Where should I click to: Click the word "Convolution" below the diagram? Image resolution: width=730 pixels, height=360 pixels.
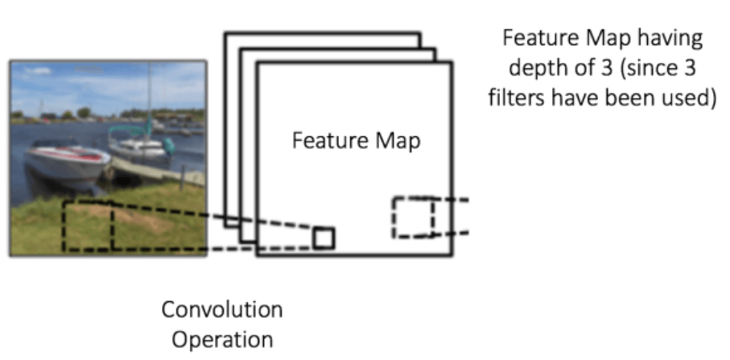[222, 309]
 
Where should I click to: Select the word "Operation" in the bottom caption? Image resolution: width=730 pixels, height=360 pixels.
[222, 338]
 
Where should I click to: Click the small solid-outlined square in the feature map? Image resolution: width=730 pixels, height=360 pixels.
[324, 238]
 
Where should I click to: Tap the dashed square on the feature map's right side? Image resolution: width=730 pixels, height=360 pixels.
[413, 217]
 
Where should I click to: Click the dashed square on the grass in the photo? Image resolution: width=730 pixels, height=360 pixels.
[88, 225]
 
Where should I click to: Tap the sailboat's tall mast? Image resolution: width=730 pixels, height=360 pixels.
[149, 97]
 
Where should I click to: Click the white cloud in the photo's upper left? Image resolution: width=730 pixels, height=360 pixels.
[36, 72]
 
